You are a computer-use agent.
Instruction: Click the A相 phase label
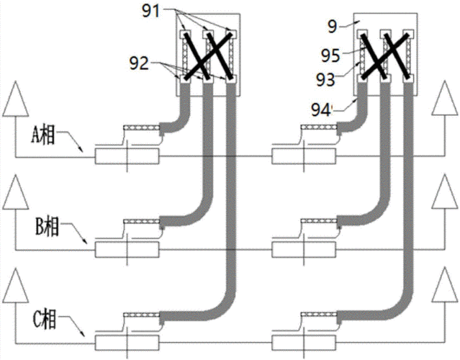(x=44, y=132)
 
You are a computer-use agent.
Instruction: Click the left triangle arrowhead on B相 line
(x=13, y=192)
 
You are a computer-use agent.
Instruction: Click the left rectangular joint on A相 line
(x=127, y=156)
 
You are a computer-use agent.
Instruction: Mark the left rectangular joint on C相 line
(x=127, y=341)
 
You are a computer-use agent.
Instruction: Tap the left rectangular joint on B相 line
(x=127, y=249)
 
